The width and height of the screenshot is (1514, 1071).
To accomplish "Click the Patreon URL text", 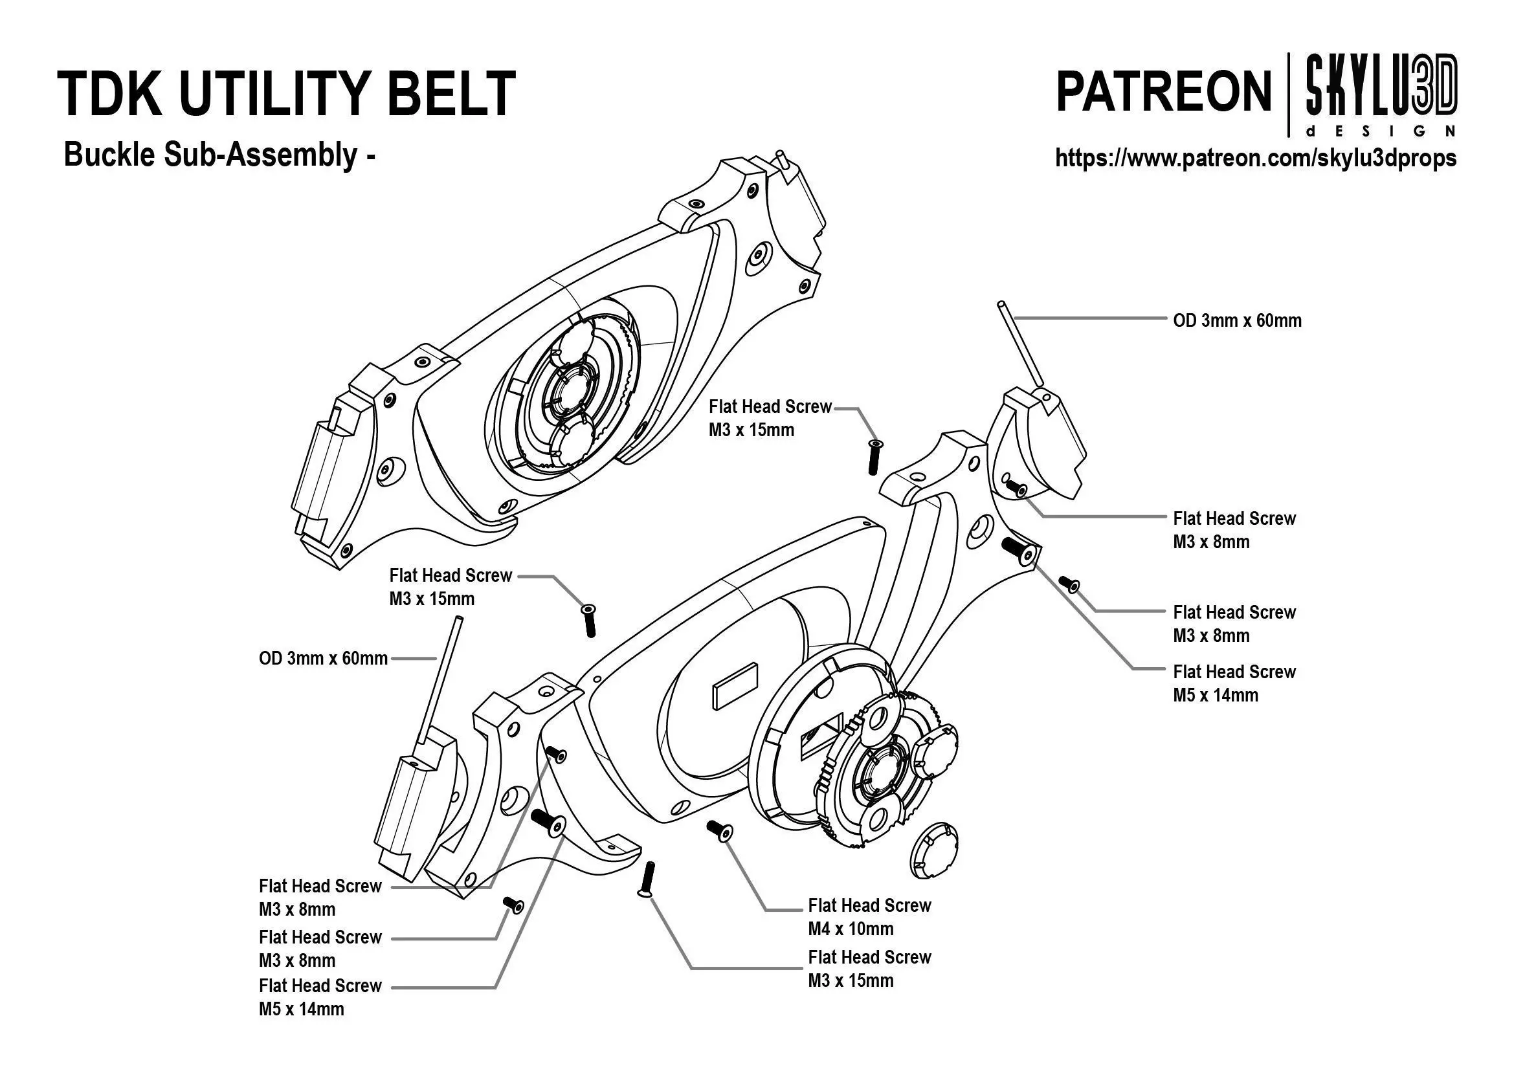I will [1255, 158].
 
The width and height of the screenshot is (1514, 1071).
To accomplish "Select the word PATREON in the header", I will [1163, 93].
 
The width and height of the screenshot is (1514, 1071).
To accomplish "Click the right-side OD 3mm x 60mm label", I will [1237, 321].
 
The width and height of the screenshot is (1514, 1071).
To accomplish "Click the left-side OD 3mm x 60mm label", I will [322, 659].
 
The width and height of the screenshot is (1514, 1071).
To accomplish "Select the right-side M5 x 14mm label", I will [1234, 683].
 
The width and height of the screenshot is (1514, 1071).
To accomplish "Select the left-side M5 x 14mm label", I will [320, 997].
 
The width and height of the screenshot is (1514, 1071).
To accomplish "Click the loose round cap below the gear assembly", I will [933, 850].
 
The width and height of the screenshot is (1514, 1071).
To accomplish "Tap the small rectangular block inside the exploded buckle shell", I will [735, 687].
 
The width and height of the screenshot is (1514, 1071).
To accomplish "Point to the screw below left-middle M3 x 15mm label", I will [589, 620].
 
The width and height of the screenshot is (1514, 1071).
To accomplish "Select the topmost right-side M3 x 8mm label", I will [1234, 530].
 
